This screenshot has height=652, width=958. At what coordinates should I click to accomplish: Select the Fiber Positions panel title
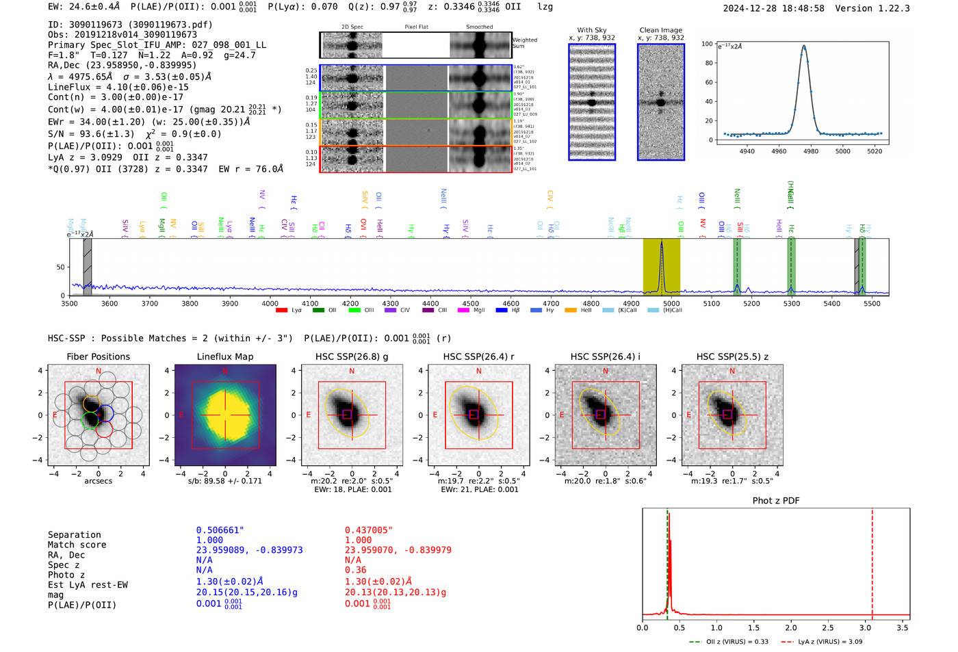click(98, 356)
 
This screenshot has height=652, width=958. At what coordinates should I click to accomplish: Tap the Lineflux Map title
click(224, 356)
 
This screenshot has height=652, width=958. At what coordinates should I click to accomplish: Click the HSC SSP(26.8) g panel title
click(352, 356)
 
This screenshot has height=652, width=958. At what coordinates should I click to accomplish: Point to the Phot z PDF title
click(775, 501)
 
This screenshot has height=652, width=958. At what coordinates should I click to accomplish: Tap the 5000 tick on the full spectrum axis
click(671, 304)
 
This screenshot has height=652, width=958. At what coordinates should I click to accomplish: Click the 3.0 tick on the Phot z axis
click(865, 627)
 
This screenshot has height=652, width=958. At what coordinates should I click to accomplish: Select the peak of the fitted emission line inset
click(804, 47)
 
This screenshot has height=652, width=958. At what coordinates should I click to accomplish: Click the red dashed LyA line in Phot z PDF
click(872, 561)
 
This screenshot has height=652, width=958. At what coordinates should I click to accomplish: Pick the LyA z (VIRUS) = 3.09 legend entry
click(823, 642)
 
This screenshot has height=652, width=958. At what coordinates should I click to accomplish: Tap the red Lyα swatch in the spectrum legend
click(281, 311)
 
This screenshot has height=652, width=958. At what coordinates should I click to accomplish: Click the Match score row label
click(77, 545)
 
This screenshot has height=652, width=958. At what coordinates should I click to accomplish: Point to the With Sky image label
click(591, 30)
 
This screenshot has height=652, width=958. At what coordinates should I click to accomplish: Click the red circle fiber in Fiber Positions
click(104, 429)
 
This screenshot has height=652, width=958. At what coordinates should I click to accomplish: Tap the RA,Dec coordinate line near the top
click(122, 66)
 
